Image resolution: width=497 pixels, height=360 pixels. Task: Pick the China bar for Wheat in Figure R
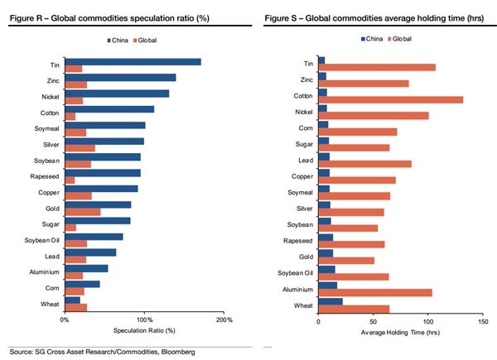pyautogui.click(x=72, y=300)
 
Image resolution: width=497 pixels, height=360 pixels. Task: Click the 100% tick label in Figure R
pyautogui.click(x=144, y=319)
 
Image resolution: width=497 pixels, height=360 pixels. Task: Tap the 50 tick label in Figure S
pyautogui.click(x=374, y=320)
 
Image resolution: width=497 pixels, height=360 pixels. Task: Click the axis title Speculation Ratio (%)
pyautogui.click(x=144, y=331)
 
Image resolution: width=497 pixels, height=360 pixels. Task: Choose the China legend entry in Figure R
pyautogui.click(x=119, y=40)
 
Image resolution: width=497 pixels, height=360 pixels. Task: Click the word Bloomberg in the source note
pyautogui.click(x=177, y=352)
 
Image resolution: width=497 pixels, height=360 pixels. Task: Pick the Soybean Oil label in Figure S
pyautogui.click(x=296, y=272)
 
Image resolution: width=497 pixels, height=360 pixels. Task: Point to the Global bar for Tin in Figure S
pyautogui.click(x=377, y=67)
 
